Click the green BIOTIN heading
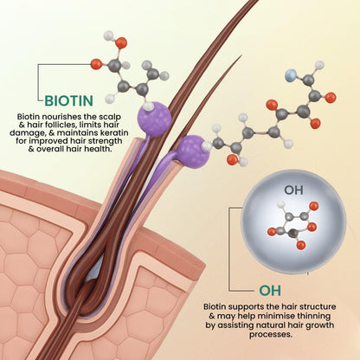pos(69,101)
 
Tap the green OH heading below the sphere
pos(270,291)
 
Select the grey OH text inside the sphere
pos(293,190)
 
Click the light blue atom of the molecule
pos(291,76)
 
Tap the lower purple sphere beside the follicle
pos(193,151)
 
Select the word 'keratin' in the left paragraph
pos(112,133)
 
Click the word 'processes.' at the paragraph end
pos(271,335)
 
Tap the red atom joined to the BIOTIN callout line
pos(96,64)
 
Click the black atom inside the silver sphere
pos(293,233)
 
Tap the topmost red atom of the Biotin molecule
pos(121,42)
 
